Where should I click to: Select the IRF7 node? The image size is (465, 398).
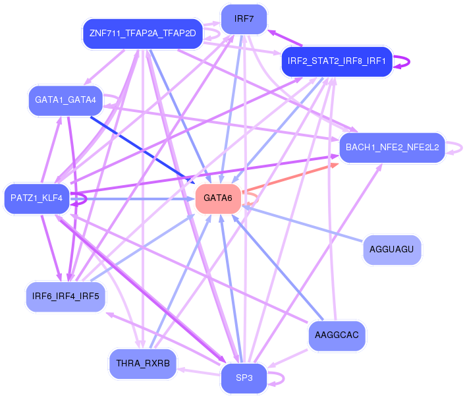coord(244,19)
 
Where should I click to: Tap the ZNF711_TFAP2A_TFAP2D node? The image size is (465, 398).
coord(142,34)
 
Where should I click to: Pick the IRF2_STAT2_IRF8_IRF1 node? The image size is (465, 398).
coord(337,62)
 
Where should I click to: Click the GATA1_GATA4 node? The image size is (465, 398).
coord(65,100)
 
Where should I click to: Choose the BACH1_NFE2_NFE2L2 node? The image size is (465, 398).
coord(392,148)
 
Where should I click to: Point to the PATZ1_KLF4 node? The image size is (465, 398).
coord(36,198)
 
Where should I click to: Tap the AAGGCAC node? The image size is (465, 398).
coord(337,335)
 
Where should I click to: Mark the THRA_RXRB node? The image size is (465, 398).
coord(142,364)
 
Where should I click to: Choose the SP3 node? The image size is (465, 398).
coord(244,378)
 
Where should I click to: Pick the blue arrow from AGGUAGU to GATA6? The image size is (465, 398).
coord(303,224)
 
